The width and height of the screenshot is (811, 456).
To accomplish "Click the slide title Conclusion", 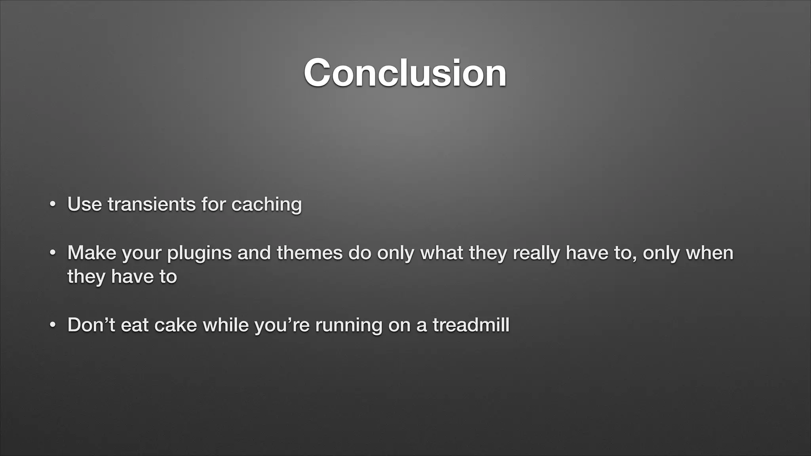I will click(x=405, y=73).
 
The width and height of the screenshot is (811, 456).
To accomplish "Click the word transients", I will click(x=152, y=204).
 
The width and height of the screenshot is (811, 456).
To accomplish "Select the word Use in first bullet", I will click(x=84, y=204).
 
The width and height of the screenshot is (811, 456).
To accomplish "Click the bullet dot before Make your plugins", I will click(x=52, y=253).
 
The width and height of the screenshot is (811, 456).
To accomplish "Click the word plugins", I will click(x=199, y=253).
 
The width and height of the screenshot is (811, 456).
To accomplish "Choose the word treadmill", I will click(x=471, y=325).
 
